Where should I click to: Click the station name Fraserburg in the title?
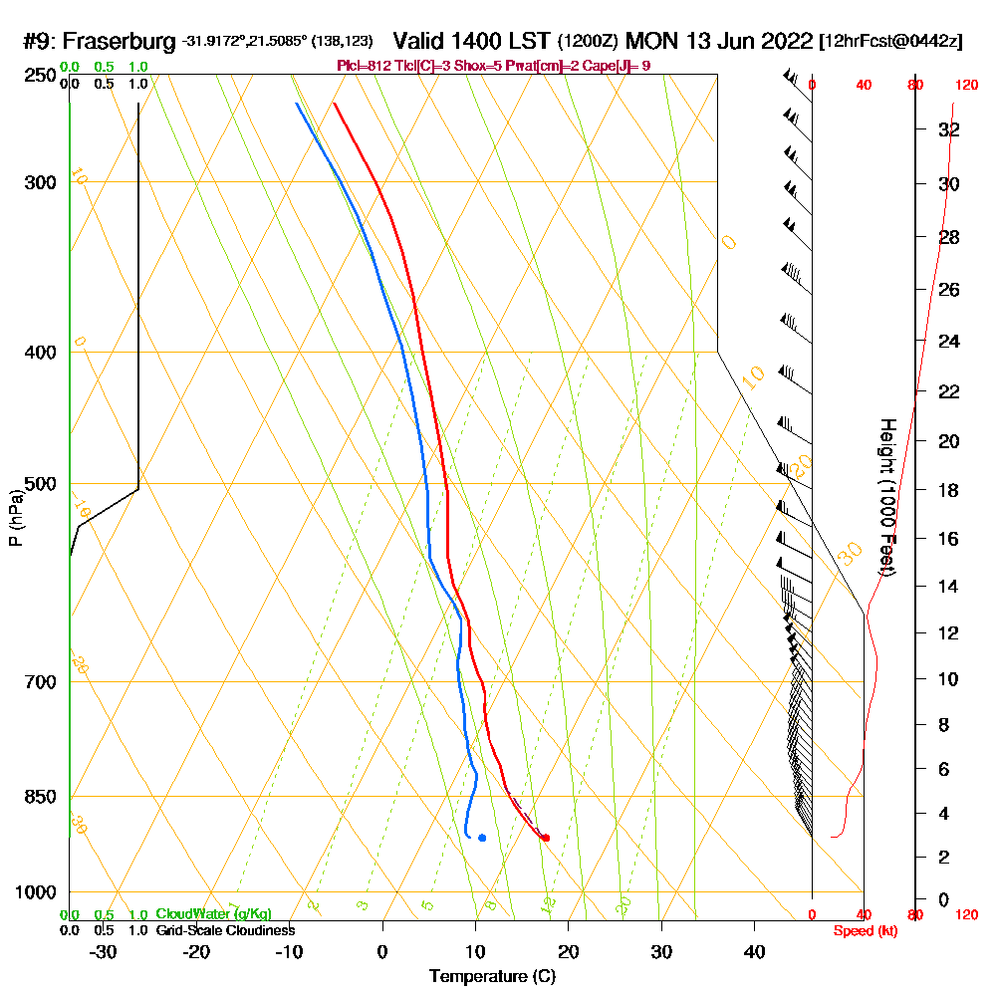[x=120, y=42]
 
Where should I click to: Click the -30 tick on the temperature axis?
[x=104, y=951]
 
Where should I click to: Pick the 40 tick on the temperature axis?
[x=754, y=951]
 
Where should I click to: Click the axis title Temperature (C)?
[x=492, y=976]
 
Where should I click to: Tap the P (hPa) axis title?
[x=15, y=518]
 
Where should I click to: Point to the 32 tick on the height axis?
[x=949, y=128]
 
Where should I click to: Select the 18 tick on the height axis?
[x=949, y=490]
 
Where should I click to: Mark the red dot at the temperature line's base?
[x=545, y=838]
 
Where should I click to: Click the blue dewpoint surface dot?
[x=482, y=838]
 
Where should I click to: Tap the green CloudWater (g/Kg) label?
[x=213, y=914]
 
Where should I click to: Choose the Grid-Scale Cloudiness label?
[x=225, y=930]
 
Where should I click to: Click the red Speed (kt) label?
[x=863, y=931]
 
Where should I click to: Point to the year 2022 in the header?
[x=780, y=42]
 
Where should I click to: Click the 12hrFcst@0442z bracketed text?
[x=890, y=42]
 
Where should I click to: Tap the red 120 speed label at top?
[x=966, y=85]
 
